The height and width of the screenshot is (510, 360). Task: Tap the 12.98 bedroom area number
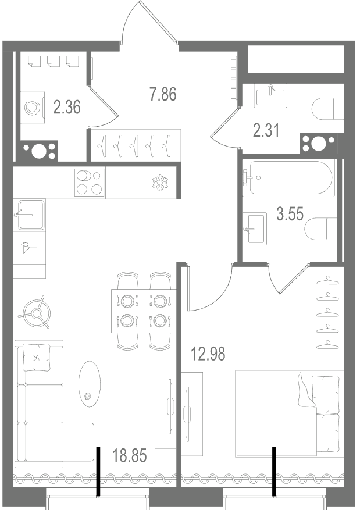point(208,354)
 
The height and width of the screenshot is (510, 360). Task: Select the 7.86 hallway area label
point(163,94)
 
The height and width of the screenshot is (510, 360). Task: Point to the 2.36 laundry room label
point(67,107)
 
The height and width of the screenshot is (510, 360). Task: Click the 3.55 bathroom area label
point(290,214)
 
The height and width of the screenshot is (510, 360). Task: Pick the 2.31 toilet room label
point(266,131)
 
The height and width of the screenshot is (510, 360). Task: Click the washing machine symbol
point(33,108)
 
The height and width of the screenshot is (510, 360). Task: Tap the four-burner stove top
point(90,183)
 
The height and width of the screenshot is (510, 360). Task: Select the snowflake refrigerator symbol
point(160,183)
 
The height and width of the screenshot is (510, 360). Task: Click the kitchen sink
point(31,215)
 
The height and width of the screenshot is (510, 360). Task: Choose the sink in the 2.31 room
point(272,96)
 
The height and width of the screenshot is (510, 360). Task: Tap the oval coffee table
point(88,384)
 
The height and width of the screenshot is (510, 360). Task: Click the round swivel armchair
point(37,312)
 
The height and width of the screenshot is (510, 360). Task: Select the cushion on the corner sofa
point(37,358)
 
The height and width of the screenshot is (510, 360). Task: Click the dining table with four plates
point(144,311)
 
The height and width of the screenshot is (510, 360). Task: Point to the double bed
point(290,413)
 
